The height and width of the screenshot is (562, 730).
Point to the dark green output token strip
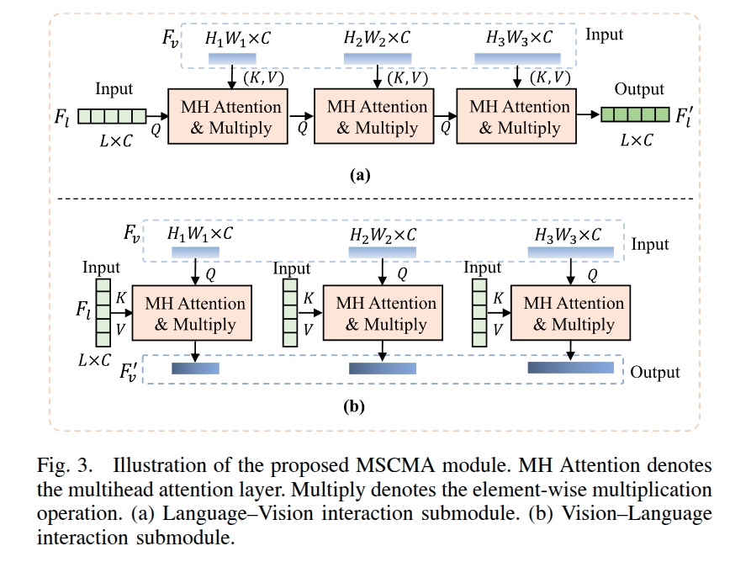pyautogui.click(x=635, y=115)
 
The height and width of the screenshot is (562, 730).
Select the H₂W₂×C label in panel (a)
pyautogui.click(x=378, y=38)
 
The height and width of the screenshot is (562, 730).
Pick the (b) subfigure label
pyautogui.click(x=354, y=406)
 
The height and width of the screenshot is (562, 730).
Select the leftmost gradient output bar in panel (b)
pyautogui.click(x=195, y=368)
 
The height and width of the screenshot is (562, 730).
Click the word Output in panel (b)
pyautogui.click(x=654, y=372)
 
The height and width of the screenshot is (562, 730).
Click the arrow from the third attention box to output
pyautogui.click(x=587, y=116)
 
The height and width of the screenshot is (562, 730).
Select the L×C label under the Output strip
pyautogui.click(x=637, y=140)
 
